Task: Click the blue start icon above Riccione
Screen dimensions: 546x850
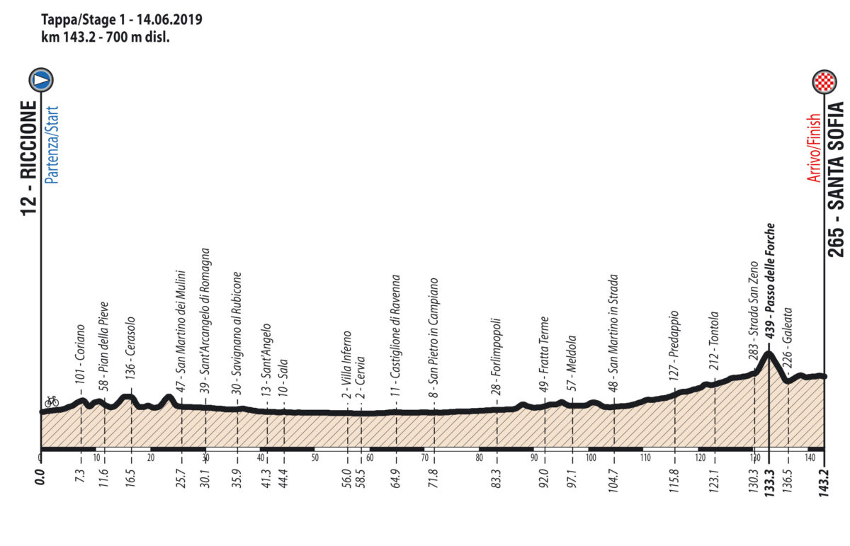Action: click(41, 80)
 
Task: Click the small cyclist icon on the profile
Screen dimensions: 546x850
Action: click(51, 401)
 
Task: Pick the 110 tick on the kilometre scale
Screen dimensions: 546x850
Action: click(645, 457)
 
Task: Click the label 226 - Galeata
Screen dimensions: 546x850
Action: click(789, 339)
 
